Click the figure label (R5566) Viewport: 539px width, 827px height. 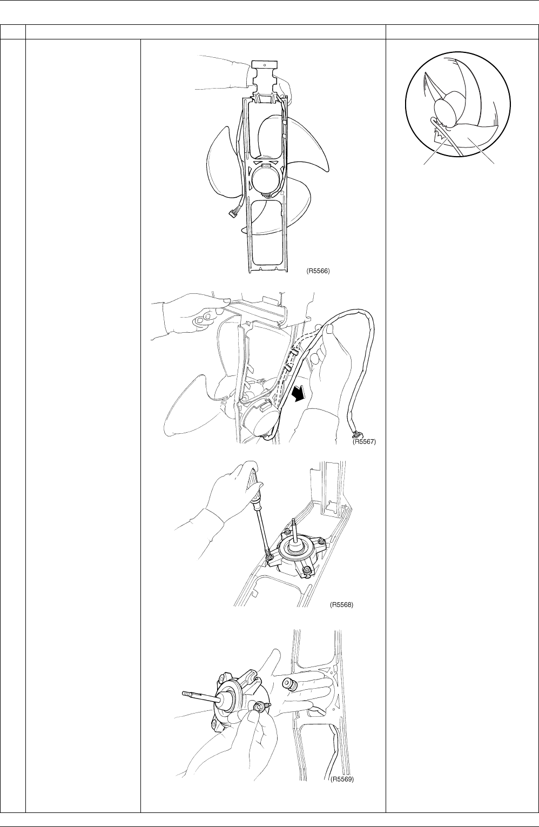coord(318,271)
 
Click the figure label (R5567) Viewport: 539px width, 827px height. coord(365,441)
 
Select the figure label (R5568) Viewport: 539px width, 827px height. coord(341,605)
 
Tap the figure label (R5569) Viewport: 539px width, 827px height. coord(341,779)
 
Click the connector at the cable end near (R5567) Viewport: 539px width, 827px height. coord(358,434)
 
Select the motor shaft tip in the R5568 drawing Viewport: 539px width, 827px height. coord(293,521)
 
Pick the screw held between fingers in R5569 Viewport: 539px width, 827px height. coord(258,706)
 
